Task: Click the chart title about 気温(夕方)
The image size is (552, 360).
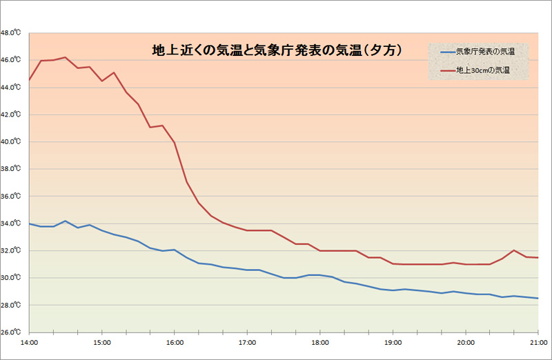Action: (277, 50)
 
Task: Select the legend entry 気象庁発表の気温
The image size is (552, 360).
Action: (485, 52)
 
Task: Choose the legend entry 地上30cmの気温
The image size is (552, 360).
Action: (483, 70)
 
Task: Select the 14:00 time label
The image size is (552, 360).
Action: (30, 342)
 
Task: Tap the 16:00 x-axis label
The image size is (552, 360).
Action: (175, 342)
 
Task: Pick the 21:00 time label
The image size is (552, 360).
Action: (537, 342)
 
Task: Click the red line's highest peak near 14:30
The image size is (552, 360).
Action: (65, 57)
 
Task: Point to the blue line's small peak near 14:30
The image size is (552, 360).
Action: (65, 221)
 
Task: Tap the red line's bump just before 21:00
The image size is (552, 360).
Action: (514, 250)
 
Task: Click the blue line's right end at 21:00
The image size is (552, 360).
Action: (538, 298)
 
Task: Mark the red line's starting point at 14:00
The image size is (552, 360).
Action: (29, 81)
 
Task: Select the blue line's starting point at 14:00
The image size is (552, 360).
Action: (29, 223)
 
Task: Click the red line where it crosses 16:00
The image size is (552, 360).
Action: (175, 143)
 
